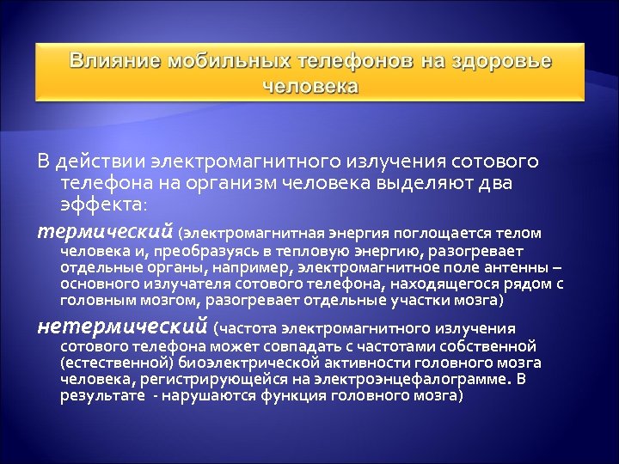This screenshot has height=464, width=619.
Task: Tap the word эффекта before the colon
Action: tap(101, 205)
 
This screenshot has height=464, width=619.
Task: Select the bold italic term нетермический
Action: tap(122, 327)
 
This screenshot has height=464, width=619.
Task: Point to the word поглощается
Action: tap(438, 233)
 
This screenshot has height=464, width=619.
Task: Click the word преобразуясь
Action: tap(203, 251)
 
